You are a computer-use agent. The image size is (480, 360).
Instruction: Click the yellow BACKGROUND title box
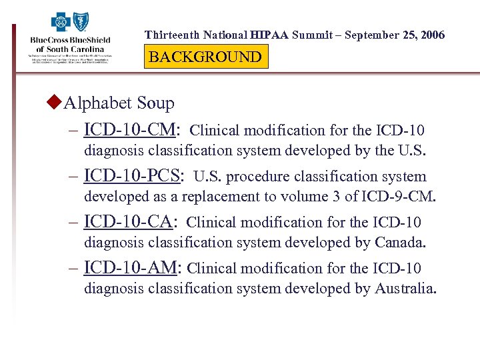[x=205, y=57]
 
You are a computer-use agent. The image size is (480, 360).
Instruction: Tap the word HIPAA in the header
[x=270, y=35]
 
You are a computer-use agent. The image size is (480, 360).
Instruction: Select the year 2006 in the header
[x=431, y=35]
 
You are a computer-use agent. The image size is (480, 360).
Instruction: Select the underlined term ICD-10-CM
[x=131, y=129]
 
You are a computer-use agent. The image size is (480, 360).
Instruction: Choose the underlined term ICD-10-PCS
[x=133, y=176]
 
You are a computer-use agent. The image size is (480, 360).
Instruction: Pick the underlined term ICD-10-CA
[x=130, y=222]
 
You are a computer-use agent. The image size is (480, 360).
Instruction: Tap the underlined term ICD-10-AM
[x=131, y=268]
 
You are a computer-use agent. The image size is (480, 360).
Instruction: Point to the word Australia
[x=405, y=289]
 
